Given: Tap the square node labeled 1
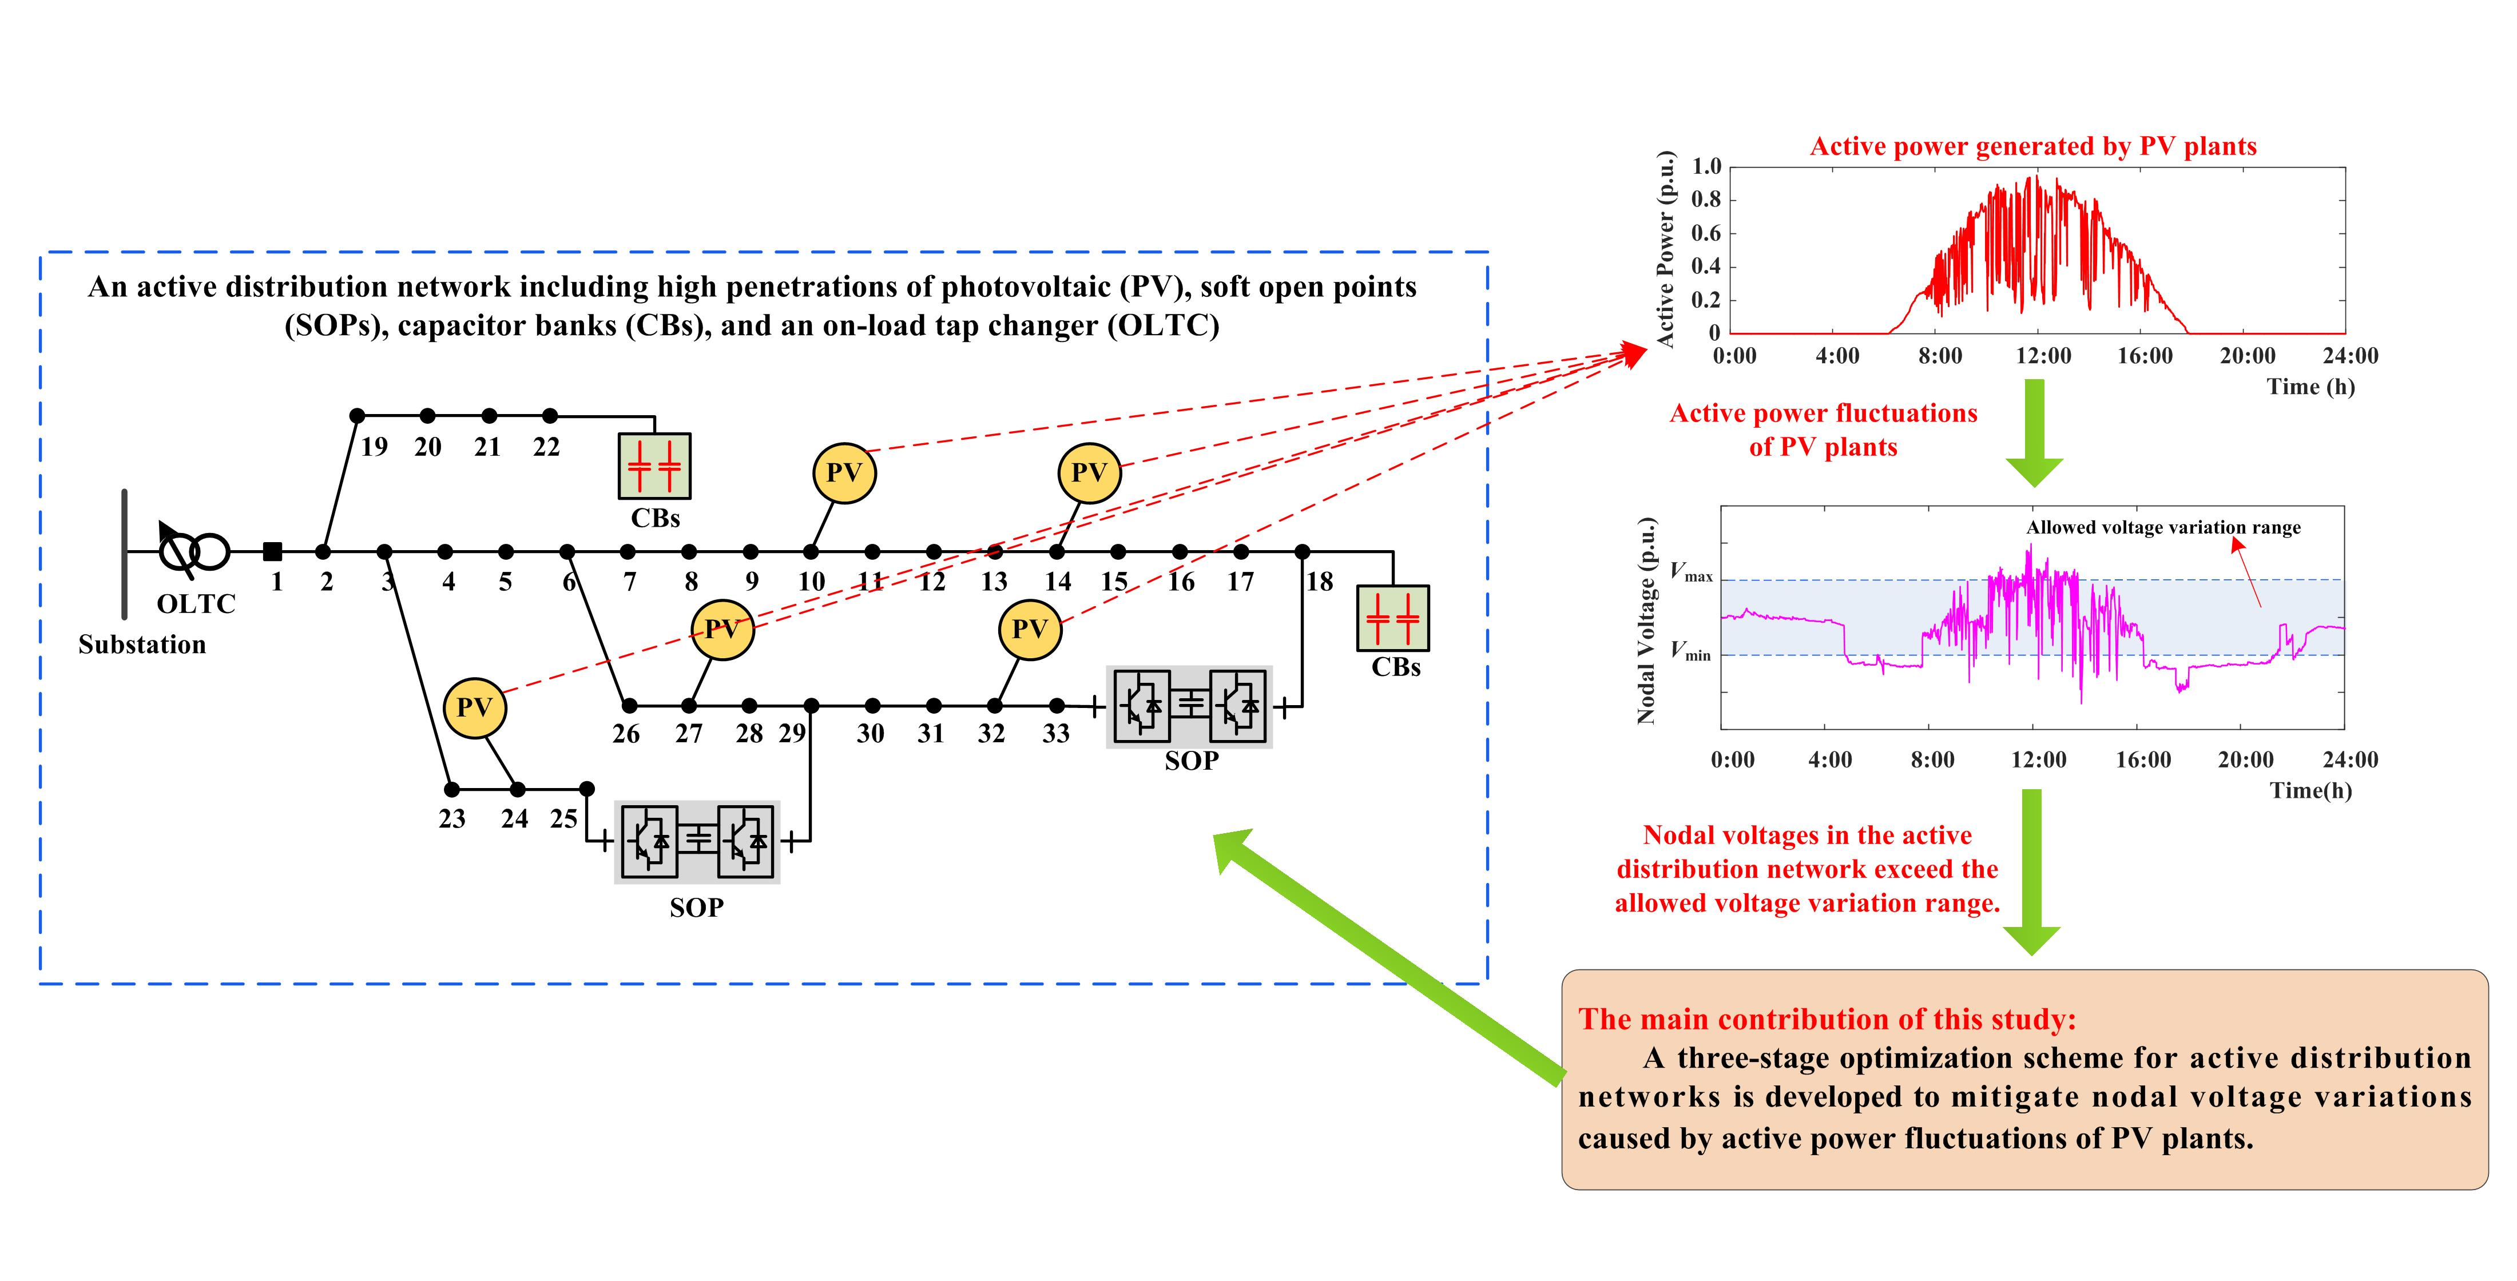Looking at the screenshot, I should [273, 552].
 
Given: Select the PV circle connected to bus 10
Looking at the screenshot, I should [844, 473].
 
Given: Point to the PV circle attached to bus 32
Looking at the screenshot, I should [1030, 629].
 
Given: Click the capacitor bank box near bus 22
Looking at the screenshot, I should [654, 466].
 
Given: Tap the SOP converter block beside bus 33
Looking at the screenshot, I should [1189, 706].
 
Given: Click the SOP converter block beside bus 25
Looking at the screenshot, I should [697, 840].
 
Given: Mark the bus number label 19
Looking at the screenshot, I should [374, 448].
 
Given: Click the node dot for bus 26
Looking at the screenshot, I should [629, 706].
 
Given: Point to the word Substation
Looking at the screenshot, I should [142, 645].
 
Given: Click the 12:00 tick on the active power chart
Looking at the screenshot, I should [2043, 356].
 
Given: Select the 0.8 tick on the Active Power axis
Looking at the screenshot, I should [1706, 200].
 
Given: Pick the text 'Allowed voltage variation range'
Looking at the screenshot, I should [2163, 528].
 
